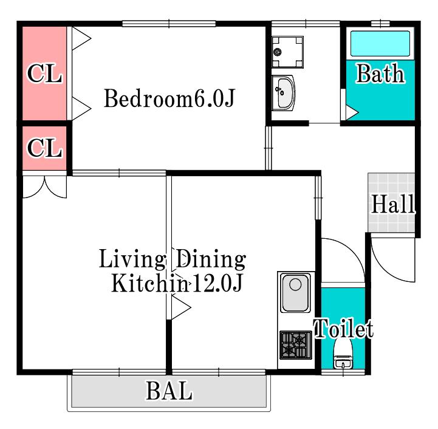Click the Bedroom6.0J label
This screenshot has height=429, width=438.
pos(169,98)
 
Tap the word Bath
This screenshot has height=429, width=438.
pos(380,74)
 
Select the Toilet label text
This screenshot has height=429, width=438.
pos(344,328)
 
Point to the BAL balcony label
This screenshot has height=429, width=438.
pos(169,391)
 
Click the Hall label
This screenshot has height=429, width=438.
pos(393,204)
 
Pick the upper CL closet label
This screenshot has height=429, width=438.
pos(44,74)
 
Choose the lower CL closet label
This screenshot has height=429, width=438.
pos(44,148)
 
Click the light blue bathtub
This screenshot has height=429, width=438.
pos(380,44)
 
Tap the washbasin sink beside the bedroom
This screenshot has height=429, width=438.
pos(284,93)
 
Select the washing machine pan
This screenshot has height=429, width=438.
pos(288,52)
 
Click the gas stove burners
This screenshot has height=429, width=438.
pos(296,345)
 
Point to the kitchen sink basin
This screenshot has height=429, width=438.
pos(295,293)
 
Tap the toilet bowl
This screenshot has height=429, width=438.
pos(343,354)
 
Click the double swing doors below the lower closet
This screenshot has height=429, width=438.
pos(44,187)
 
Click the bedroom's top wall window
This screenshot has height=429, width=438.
pos(169,24)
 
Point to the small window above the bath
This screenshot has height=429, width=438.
pos(380,24)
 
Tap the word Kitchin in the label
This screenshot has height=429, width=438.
pos(149,283)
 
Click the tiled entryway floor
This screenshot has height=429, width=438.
pos(391,202)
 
